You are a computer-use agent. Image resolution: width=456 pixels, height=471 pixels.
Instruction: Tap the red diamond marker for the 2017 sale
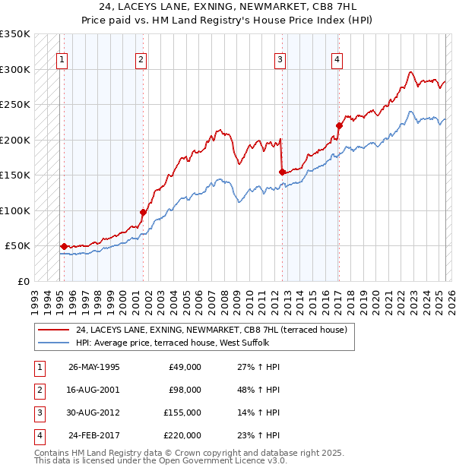click(339, 125)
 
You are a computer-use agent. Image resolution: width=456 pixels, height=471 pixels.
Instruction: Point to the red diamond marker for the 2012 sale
click(282, 172)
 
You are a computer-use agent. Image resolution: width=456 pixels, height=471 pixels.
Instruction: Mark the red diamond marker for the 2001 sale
click(143, 212)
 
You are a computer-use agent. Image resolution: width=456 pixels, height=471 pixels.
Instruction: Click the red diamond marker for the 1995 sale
click(64, 246)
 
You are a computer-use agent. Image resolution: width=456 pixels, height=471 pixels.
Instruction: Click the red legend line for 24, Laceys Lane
click(54, 330)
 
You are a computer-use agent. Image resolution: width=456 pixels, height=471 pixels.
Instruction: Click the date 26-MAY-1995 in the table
click(93, 367)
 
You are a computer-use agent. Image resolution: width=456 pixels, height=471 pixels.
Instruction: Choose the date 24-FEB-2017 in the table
click(94, 435)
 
